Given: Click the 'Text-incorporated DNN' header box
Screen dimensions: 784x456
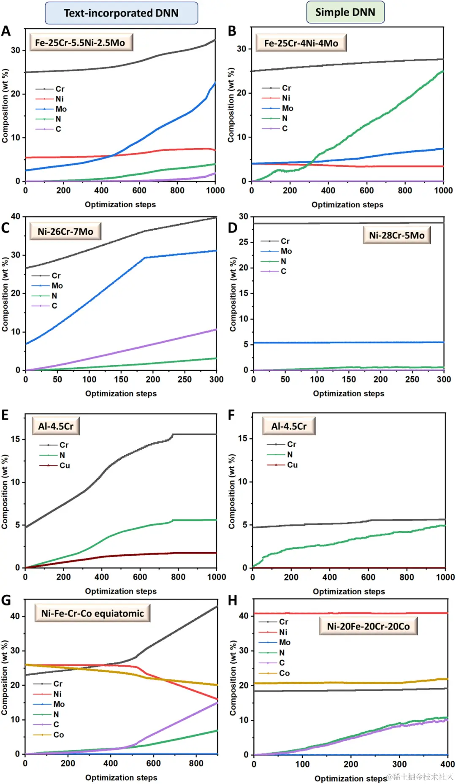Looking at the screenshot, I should click(121, 13).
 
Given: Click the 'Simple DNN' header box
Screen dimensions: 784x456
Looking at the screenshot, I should click(345, 12).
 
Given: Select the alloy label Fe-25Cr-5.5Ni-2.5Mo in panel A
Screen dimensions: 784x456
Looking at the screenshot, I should click(80, 43).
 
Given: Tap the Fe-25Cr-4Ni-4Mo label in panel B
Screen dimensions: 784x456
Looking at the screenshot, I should click(301, 43).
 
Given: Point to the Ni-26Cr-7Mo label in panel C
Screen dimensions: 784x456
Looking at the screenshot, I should click(65, 231).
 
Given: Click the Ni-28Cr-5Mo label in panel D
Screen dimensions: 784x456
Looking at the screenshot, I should click(396, 235).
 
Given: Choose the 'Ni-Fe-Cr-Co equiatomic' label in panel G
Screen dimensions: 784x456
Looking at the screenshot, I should click(92, 613).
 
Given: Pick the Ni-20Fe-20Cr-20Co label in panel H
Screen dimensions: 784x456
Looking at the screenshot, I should click(368, 626).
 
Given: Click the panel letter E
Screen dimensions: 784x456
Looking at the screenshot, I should click(5, 415).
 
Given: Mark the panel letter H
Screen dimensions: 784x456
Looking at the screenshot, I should click(232, 600).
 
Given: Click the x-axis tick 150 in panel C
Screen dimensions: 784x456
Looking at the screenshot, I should click(121, 379).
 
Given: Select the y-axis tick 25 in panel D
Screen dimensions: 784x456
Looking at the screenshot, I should click(244, 242).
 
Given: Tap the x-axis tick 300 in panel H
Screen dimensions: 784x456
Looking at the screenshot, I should click(399, 764).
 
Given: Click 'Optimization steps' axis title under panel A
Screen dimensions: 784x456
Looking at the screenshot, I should click(120, 204).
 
